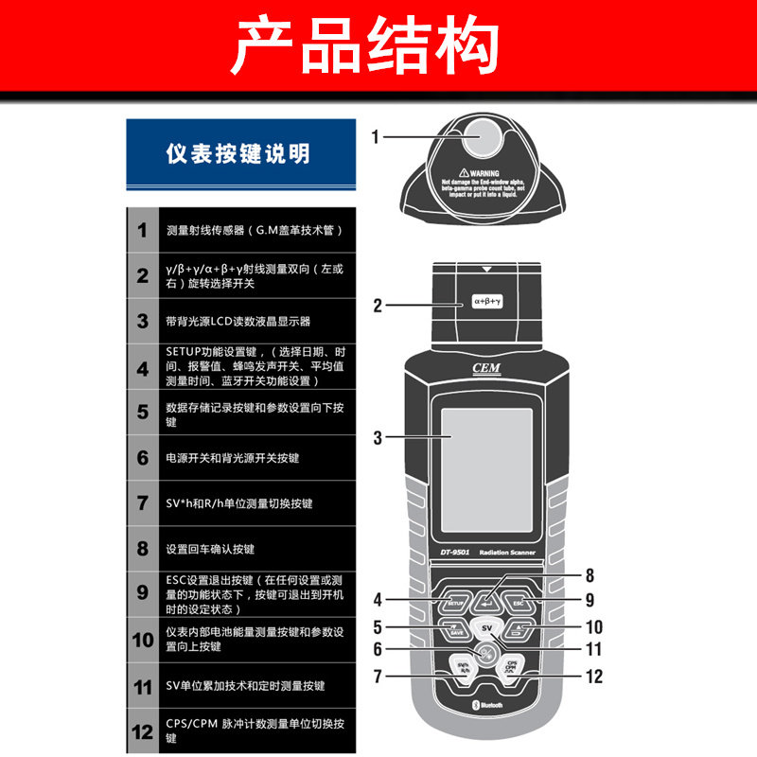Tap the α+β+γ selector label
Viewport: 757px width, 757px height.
[487, 303]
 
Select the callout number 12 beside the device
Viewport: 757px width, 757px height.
[594, 677]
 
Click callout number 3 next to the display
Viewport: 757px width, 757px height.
[377, 438]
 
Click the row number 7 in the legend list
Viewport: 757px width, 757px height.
[142, 503]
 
